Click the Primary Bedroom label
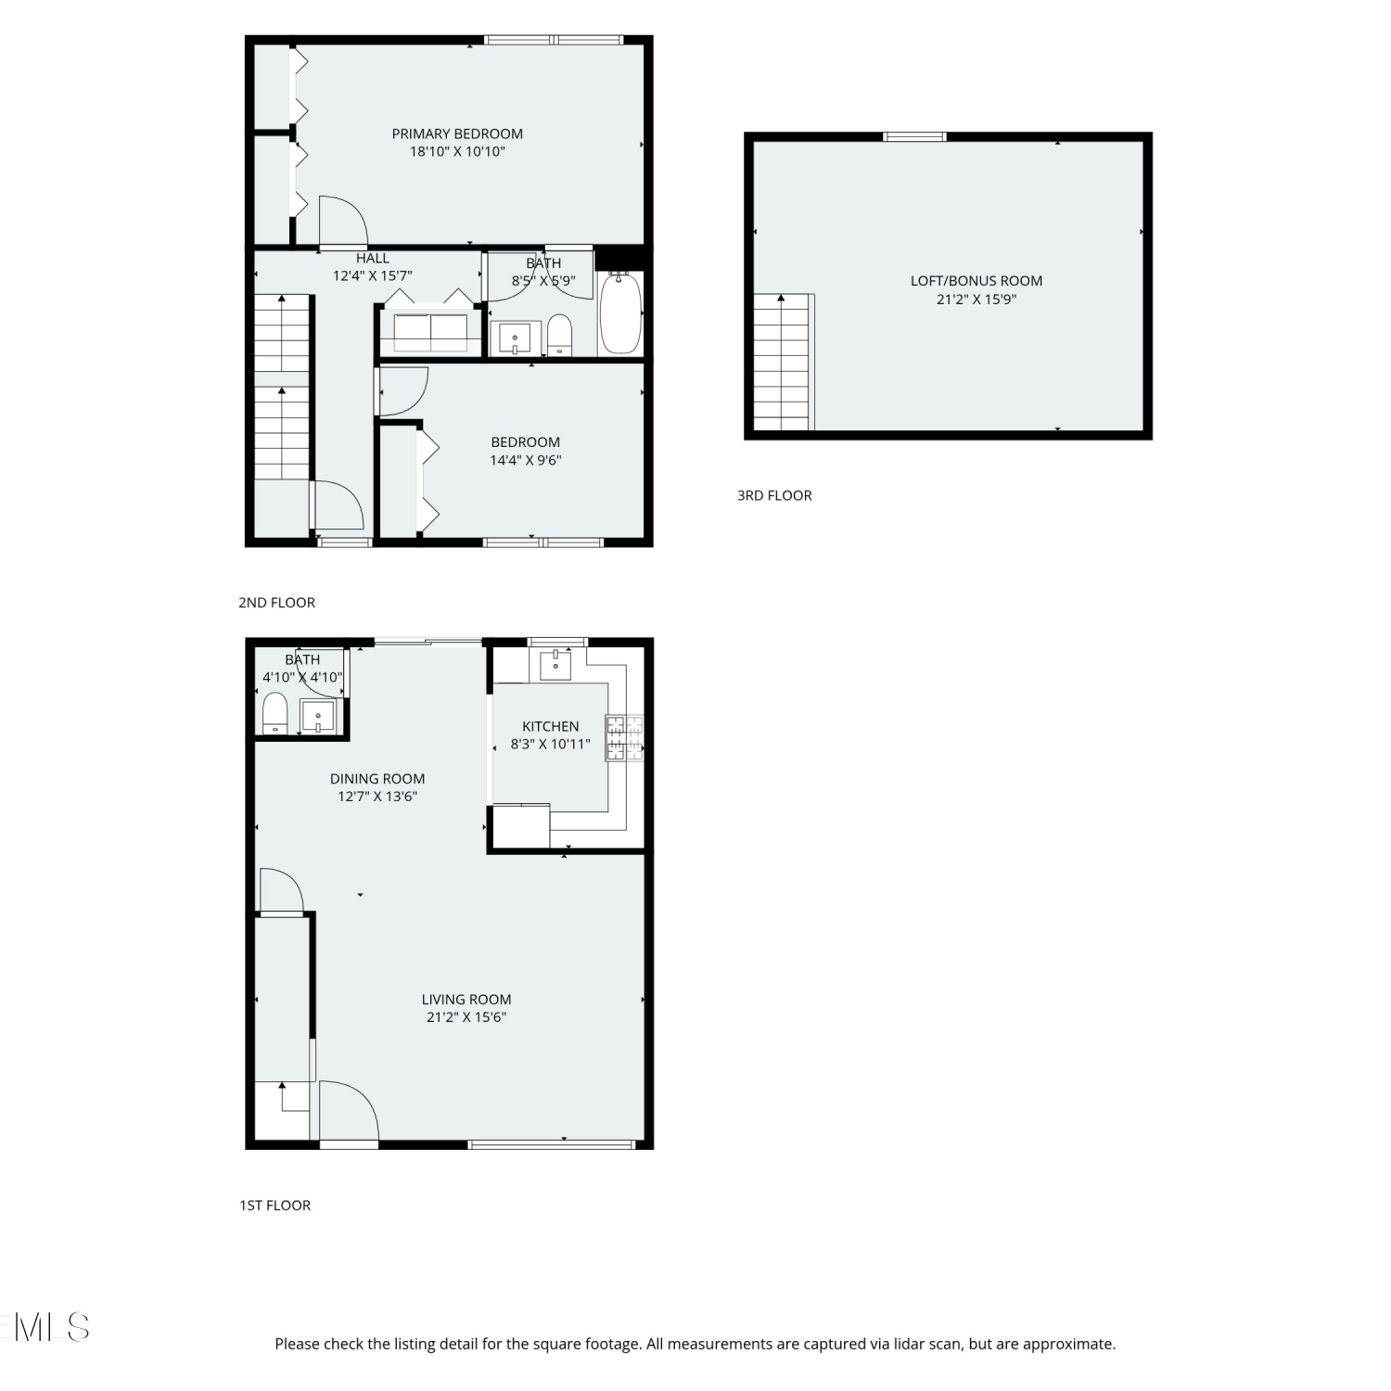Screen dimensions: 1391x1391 pyautogui.click(x=457, y=134)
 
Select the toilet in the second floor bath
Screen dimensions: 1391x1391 pyautogui.click(x=559, y=335)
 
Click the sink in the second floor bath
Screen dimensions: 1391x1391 pyautogui.click(x=515, y=338)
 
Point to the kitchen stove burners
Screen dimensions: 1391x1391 pyautogui.click(x=624, y=738)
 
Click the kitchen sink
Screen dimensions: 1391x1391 pyautogui.click(x=555, y=664)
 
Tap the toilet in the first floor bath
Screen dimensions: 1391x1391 pyautogui.click(x=275, y=713)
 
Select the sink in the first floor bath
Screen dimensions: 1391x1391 pyautogui.click(x=318, y=717)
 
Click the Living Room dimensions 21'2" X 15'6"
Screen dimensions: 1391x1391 pyautogui.click(x=466, y=1017)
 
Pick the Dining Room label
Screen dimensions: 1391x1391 pyautogui.click(x=377, y=779)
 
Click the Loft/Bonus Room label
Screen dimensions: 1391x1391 pyautogui.click(x=976, y=281)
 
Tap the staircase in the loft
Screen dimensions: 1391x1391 pyautogui.click(x=784, y=363)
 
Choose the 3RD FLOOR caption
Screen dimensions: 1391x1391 pyautogui.click(x=774, y=495)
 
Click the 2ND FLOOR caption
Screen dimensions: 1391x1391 pyautogui.click(x=276, y=603)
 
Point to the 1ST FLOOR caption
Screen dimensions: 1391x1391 pyautogui.click(x=275, y=1206)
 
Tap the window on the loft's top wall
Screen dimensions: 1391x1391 pyautogui.click(x=914, y=137)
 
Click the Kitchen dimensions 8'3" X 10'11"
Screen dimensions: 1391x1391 pyautogui.click(x=551, y=744)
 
